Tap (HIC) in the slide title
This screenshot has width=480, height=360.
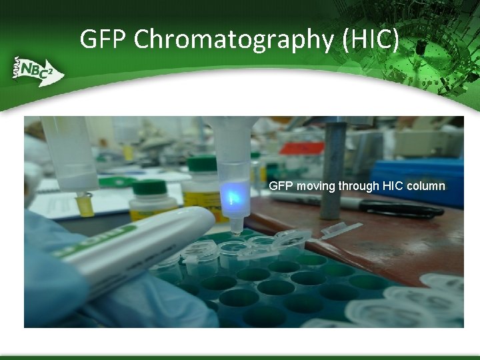[x=371, y=39]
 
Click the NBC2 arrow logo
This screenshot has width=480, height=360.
[x=37, y=70]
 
